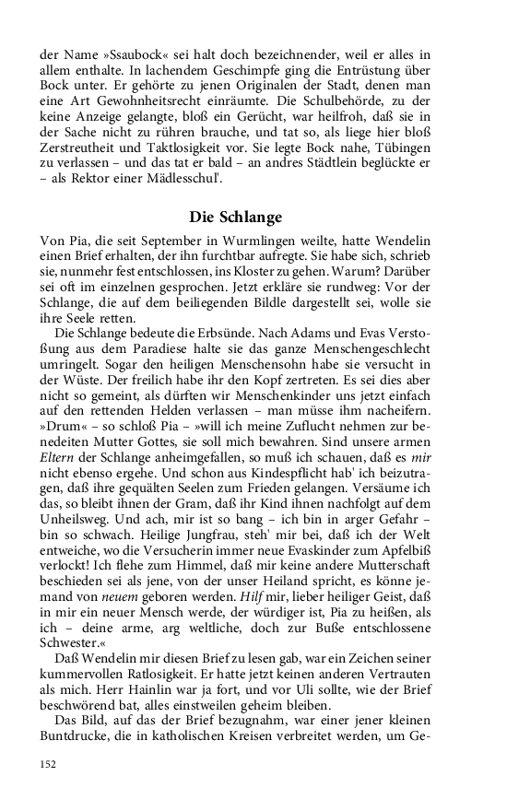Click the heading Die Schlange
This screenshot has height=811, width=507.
tap(236, 217)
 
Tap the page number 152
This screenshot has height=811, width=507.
tap(48, 763)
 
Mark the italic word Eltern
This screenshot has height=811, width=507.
tap(57, 462)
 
